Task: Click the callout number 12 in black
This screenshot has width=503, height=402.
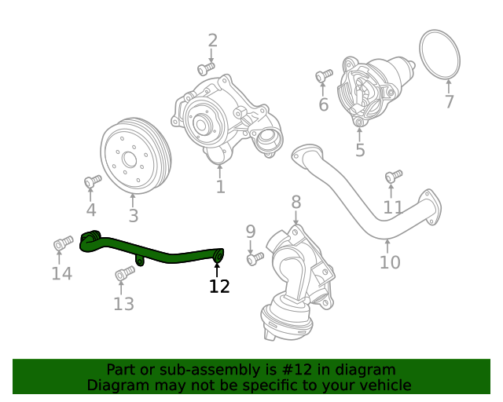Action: tap(219, 287)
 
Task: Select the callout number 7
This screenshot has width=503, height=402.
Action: tap(449, 101)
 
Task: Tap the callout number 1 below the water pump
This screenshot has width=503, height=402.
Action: tap(220, 187)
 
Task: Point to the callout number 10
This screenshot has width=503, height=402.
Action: tap(390, 261)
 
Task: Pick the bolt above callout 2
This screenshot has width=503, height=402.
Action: tap(206, 69)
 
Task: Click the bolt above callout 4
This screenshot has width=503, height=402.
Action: tap(92, 181)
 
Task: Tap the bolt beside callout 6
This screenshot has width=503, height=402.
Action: tap(323, 76)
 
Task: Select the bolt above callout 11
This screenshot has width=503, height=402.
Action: tap(393, 176)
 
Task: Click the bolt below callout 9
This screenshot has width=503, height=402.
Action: tap(255, 258)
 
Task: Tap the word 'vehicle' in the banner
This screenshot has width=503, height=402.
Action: tap(382, 385)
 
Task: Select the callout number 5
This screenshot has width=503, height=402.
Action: tap(360, 150)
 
